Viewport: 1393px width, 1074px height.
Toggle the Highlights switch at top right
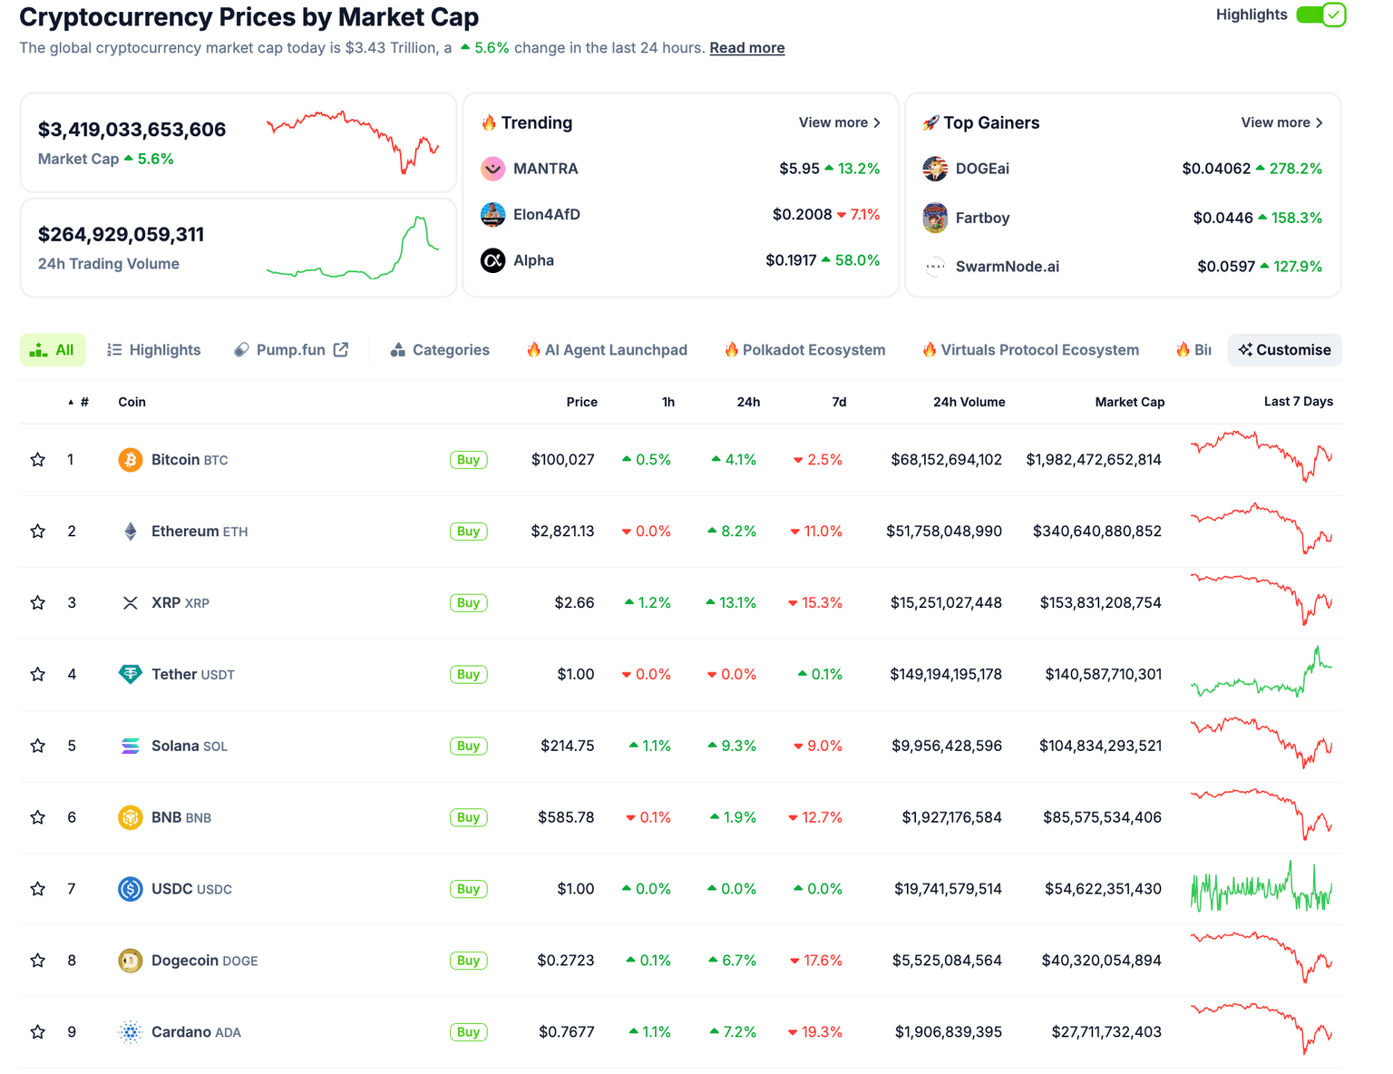click(1320, 15)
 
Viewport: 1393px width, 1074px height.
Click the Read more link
click(746, 48)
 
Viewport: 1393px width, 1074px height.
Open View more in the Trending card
click(839, 122)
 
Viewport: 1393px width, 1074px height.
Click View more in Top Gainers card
click(1281, 122)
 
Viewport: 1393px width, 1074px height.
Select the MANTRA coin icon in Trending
click(492, 169)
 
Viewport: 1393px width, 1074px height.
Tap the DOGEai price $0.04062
click(1215, 169)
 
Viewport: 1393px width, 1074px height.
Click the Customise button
click(1284, 350)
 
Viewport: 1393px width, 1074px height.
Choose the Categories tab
click(440, 350)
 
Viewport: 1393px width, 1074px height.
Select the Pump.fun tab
click(290, 350)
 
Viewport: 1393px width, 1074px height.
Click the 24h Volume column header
click(969, 402)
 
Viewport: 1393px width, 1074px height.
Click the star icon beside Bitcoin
click(37, 460)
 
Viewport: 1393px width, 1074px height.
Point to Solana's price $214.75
click(567, 746)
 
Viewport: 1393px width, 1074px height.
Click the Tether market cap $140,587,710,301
click(1103, 675)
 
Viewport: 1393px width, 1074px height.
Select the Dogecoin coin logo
click(131, 961)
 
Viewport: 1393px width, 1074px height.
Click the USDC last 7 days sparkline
click(1261, 889)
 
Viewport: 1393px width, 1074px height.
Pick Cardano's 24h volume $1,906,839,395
click(948, 1032)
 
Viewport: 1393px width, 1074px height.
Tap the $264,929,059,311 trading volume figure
click(121, 235)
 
